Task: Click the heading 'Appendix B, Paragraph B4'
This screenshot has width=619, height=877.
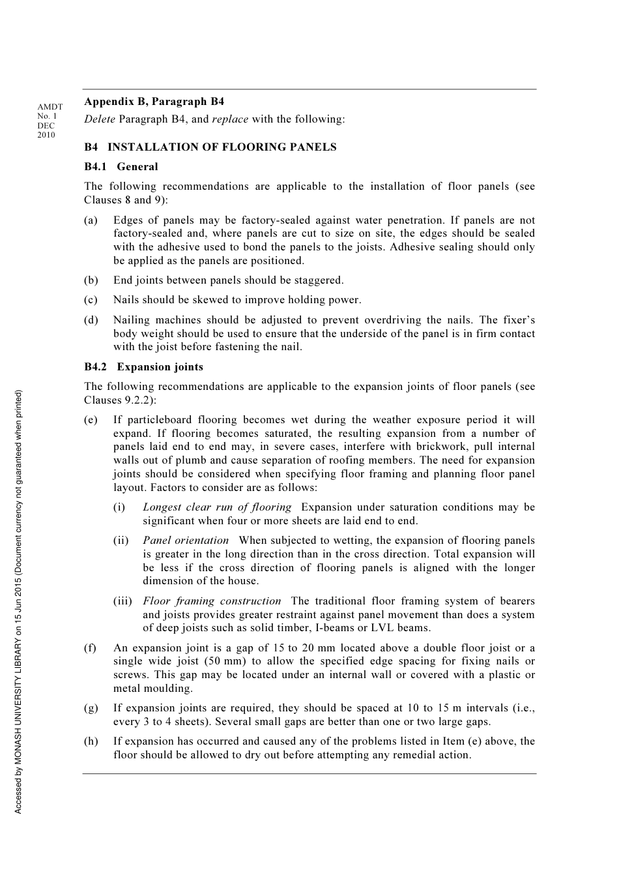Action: point(154,102)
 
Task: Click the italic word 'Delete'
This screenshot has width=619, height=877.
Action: point(100,119)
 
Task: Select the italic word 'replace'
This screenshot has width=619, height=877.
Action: point(230,119)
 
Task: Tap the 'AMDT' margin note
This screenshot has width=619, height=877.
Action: point(50,107)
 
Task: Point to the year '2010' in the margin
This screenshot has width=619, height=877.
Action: point(46,135)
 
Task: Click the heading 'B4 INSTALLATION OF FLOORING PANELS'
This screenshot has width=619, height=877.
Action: point(210,147)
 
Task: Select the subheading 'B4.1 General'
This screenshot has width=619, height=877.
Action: point(121,167)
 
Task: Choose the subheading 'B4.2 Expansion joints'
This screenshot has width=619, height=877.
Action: point(143,367)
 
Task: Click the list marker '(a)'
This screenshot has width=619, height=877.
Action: point(91,220)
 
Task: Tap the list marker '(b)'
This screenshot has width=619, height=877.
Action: point(91,280)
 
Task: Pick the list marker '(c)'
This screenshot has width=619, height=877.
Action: point(91,300)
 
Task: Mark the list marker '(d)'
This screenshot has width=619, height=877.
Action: point(91,320)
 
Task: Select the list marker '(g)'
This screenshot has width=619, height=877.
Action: point(91,708)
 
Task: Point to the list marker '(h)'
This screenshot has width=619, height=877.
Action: point(91,741)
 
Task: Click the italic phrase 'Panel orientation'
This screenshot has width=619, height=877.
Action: point(186,541)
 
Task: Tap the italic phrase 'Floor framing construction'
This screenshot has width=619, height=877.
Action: point(212,601)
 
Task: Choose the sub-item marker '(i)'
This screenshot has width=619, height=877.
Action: point(119,507)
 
